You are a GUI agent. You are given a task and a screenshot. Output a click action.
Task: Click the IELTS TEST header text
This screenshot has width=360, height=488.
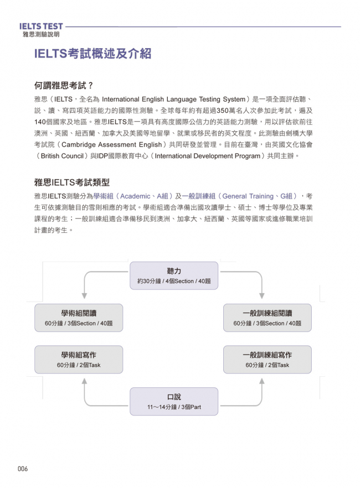point(41,26)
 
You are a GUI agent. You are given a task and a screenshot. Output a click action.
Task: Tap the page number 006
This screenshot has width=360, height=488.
point(22,469)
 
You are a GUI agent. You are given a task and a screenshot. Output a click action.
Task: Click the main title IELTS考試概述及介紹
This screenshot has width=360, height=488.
point(92,54)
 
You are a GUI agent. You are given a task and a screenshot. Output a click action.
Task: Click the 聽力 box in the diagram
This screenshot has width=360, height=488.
point(174,276)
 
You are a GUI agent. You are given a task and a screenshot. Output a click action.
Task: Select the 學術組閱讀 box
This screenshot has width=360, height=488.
point(79,318)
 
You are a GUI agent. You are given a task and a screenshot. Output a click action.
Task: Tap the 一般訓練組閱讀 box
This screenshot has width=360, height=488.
point(267,318)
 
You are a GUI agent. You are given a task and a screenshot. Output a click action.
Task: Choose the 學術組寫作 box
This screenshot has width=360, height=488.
point(79,360)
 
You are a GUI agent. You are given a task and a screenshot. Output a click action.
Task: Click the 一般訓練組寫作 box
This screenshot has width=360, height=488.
point(267,360)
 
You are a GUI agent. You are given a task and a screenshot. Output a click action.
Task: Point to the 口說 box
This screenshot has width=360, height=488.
point(174,402)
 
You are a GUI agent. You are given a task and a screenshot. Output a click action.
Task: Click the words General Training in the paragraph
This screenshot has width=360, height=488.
point(248,196)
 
